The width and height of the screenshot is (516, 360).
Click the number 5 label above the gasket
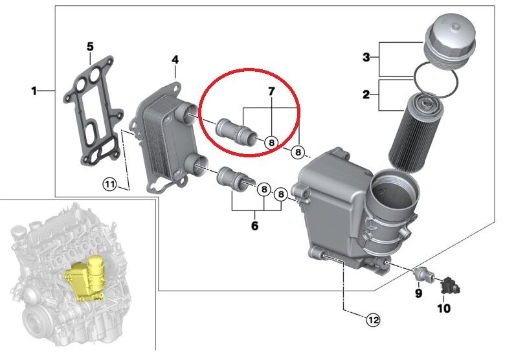click(90, 47)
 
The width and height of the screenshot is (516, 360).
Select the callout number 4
click(175, 60)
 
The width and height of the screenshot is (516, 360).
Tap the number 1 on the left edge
click(34, 91)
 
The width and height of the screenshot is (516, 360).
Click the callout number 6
click(254, 225)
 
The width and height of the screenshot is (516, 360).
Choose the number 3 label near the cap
click(366, 58)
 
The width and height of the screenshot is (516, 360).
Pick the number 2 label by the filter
click(366, 95)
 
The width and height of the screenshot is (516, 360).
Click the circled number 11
click(111, 185)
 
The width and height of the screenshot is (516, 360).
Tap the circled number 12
click(374, 319)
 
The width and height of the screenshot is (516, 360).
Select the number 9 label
click(418, 293)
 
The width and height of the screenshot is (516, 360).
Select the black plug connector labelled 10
click(446, 284)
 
